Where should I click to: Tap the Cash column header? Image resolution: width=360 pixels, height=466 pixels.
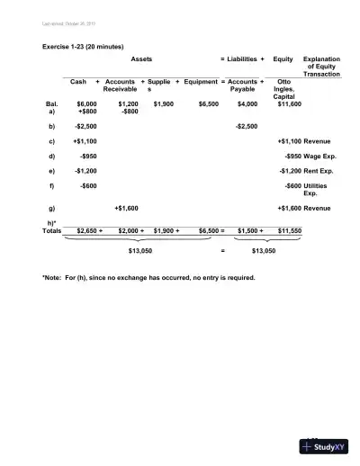click(x=77, y=81)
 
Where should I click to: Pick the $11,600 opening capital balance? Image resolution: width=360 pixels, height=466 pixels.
click(x=289, y=104)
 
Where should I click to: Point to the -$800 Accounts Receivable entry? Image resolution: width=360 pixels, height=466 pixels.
click(x=129, y=112)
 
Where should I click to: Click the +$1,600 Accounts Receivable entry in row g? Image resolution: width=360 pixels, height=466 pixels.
click(x=126, y=208)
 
